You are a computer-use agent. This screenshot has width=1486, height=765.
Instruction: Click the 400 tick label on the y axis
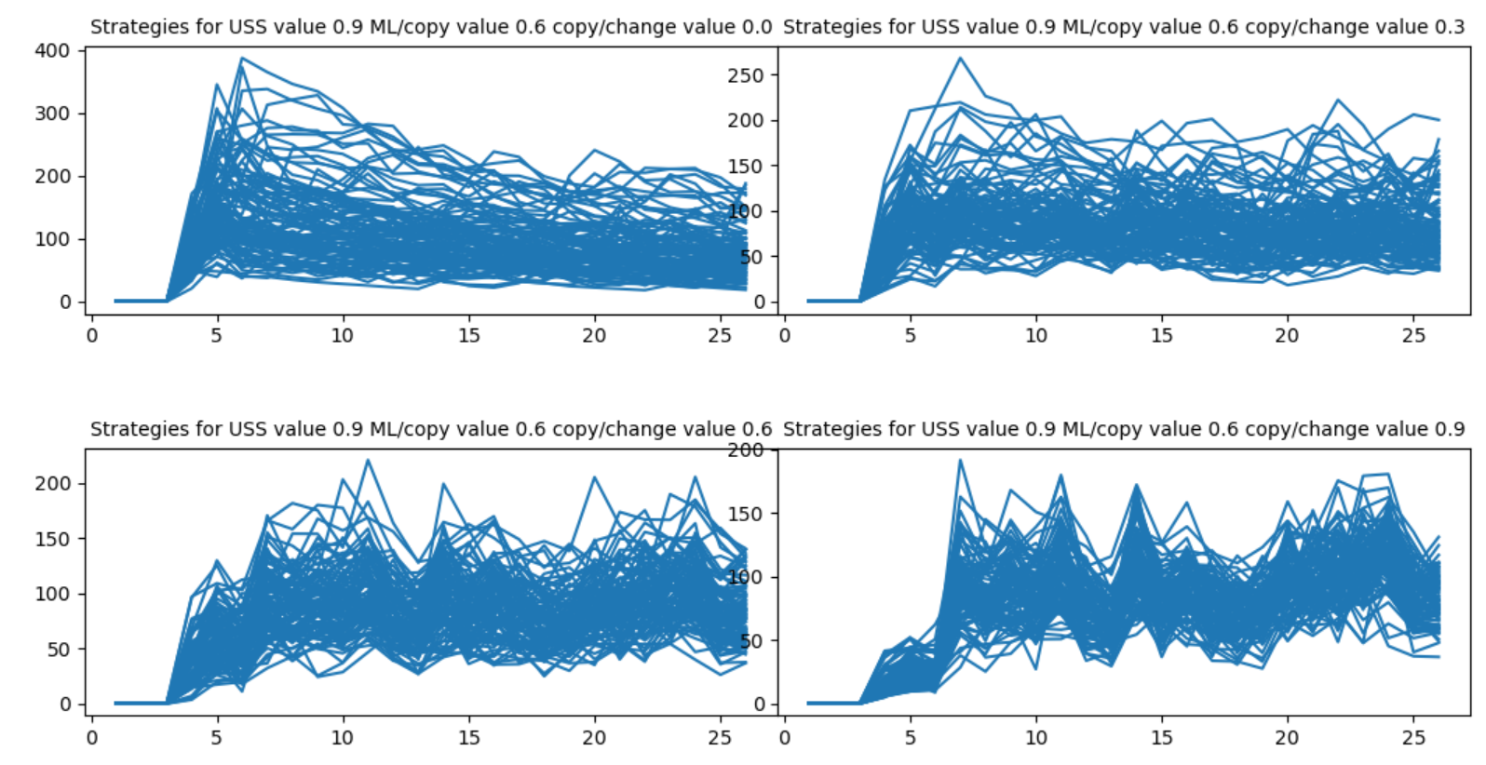(52, 50)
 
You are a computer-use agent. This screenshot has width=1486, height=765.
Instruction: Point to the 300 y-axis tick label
(52, 114)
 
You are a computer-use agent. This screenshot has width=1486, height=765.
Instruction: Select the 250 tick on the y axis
(746, 75)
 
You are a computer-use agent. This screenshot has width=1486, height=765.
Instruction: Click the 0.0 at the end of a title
(755, 27)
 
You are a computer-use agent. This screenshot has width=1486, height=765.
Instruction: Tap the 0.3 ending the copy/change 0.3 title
(1449, 27)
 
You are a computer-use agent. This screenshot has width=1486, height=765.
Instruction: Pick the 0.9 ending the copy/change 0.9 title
(1449, 429)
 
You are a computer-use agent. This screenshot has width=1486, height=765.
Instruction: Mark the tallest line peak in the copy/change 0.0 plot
(241, 59)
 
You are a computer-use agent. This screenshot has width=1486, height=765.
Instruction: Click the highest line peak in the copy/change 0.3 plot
(960, 58)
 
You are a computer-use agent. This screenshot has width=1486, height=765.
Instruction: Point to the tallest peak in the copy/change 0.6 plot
(368, 459)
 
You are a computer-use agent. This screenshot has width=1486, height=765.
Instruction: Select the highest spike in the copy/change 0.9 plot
(960, 460)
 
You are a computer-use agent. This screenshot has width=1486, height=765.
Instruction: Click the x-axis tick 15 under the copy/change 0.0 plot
(468, 335)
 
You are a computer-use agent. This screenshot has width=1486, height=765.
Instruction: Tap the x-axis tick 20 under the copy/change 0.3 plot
(1287, 335)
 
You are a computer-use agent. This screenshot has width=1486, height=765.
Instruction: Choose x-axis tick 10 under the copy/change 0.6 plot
(343, 737)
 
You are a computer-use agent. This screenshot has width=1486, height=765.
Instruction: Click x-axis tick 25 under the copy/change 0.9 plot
(1413, 737)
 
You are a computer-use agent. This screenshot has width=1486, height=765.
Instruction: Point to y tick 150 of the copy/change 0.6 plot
(52, 539)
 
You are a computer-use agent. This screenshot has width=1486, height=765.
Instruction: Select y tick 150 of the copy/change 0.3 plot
(746, 166)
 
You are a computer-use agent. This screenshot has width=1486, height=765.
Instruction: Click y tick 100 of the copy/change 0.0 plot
(52, 239)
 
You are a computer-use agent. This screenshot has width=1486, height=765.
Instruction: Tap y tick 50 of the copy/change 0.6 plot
(59, 650)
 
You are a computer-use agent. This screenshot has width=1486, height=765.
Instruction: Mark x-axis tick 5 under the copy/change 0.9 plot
(911, 737)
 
